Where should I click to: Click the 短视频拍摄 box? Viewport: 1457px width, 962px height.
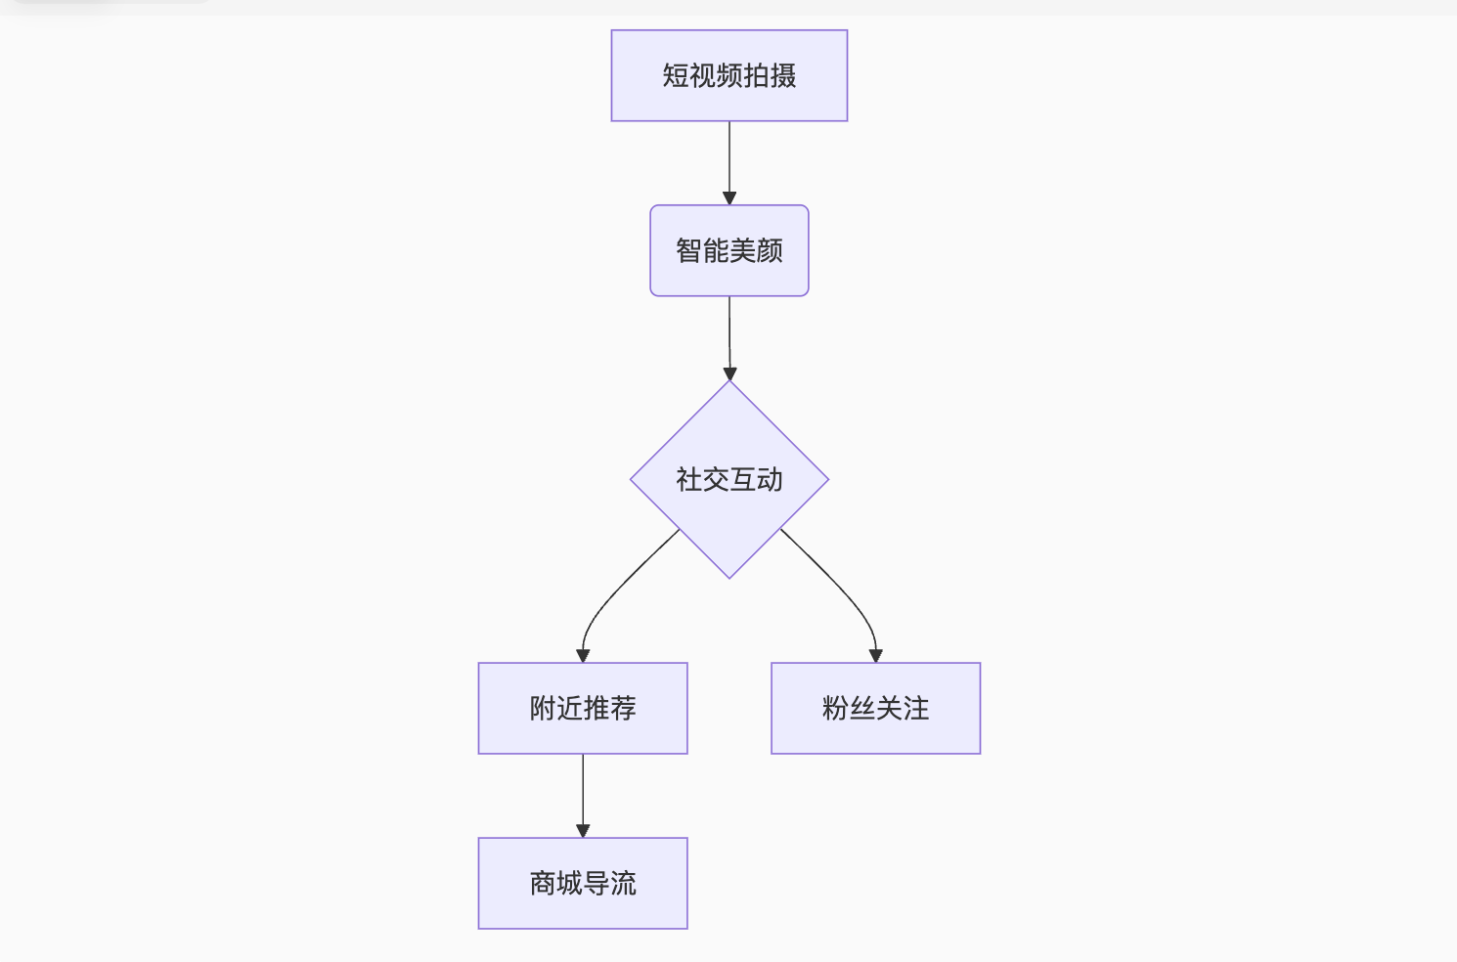click(728, 75)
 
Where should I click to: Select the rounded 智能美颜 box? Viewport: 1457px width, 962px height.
click(728, 250)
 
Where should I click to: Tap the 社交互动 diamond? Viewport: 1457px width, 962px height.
click(728, 479)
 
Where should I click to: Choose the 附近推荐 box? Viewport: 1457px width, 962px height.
click(583, 708)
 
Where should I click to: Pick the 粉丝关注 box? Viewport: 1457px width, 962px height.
click(875, 708)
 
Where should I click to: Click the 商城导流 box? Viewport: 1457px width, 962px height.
click(583, 883)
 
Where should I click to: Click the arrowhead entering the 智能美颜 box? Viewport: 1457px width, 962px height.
click(729, 198)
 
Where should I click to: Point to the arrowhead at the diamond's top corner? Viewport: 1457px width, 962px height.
click(729, 373)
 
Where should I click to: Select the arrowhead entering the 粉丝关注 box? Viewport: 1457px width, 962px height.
click(875, 656)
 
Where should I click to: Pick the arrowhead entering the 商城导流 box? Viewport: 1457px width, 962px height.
click(583, 831)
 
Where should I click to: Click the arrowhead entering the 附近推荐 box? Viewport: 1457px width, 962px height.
click(583, 656)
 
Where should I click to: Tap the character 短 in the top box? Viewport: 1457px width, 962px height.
click(675, 75)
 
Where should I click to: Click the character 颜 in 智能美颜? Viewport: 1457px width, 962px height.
click(770, 250)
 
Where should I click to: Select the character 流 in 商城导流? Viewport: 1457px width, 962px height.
click(623, 883)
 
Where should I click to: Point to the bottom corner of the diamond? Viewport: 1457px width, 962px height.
click(729, 576)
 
